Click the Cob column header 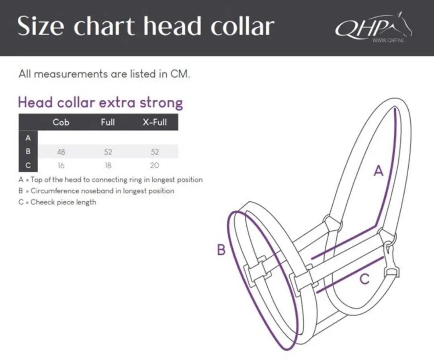click(x=61, y=122)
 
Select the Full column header click(x=108, y=122)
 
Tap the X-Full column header click(x=155, y=122)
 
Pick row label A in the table click(x=28, y=138)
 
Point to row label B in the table click(x=28, y=151)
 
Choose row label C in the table click(x=28, y=165)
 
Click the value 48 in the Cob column click(x=61, y=151)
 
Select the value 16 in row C click(x=61, y=166)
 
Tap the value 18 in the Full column click(x=108, y=166)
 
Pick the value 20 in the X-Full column click(x=155, y=166)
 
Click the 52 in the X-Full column click(x=155, y=151)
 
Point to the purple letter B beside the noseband click(x=221, y=250)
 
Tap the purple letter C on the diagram click(x=364, y=279)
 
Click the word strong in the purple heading click(x=161, y=103)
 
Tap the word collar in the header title click(x=242, y=26)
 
